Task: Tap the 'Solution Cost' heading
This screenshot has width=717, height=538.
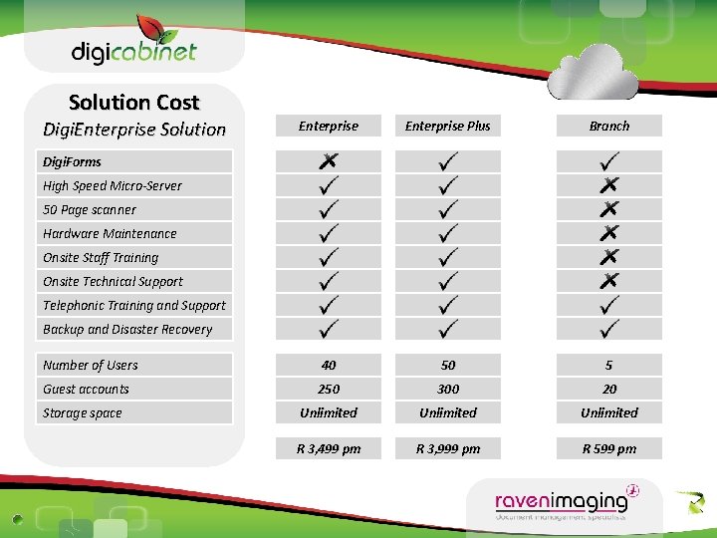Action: point(134,102)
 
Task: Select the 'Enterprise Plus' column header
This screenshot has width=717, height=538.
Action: point(448,126)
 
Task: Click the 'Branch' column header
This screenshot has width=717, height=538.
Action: point(609,126)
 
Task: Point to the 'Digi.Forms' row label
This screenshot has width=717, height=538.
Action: point(72,161)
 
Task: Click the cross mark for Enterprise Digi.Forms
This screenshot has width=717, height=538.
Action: point(329,159)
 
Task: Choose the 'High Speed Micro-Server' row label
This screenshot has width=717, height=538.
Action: point(113,185)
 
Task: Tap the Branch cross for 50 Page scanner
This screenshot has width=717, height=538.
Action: point(609,209)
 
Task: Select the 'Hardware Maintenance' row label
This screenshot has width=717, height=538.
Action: point(110,234)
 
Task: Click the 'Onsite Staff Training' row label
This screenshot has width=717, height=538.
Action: point(101,258)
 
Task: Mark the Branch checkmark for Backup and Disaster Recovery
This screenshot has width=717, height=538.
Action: point(609,327)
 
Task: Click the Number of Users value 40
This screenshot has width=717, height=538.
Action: point(329,366)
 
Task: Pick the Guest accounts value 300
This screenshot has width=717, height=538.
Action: point(448,390)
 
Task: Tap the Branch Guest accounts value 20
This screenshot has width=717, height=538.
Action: point(609,390)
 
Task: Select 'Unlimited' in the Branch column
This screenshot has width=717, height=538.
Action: point(609,412)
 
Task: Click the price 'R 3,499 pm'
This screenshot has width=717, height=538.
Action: point(329,449)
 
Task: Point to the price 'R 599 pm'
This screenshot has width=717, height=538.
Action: point(609,449)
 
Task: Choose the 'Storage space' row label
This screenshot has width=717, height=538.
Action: point(82,413)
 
